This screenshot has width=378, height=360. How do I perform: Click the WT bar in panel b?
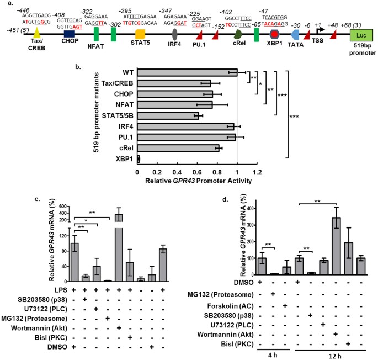coord(188,72)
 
